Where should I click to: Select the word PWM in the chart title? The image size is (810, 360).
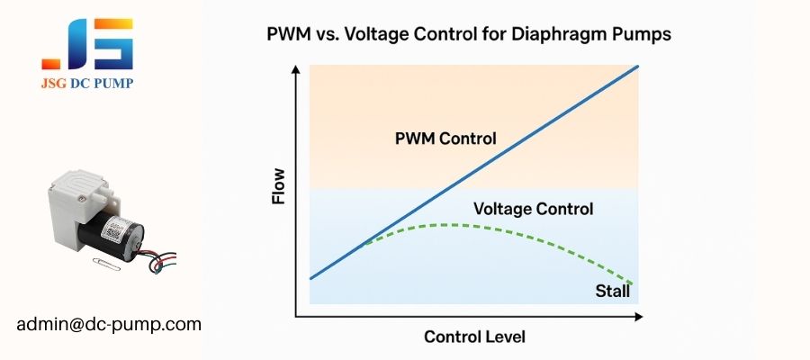(289, 37)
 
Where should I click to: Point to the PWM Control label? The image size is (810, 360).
(445, 139)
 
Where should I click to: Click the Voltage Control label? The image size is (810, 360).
(533, 210)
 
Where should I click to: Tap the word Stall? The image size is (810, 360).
(613, 291)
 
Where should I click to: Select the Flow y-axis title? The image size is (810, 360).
(278, 185)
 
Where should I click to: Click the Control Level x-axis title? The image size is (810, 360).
(474, 337)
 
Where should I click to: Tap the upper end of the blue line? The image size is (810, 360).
(638, 66)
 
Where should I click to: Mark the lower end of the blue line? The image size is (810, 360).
(310, 278)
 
